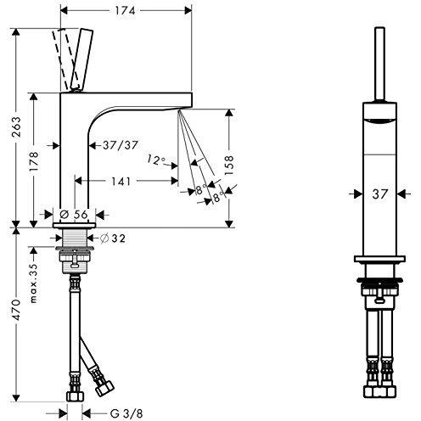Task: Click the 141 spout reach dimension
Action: (x=122, y=180)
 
